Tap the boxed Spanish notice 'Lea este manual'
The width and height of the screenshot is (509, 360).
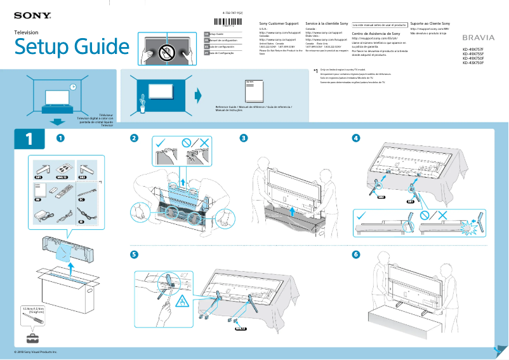380,25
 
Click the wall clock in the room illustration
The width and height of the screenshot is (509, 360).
74,87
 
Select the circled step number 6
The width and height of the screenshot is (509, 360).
356,255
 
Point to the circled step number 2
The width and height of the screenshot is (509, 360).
134,138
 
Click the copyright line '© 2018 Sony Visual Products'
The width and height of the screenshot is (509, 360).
36,351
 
